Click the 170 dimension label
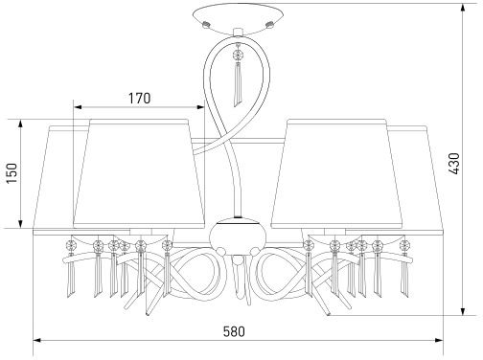(139, 99)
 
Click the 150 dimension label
(12, 173)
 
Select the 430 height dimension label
(453, 164)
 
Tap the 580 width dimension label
(234, 331)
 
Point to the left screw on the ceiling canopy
(206, 24)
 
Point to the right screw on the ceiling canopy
(269, 24)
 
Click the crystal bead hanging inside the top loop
(238, 55)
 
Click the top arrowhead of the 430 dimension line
(462, 8)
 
